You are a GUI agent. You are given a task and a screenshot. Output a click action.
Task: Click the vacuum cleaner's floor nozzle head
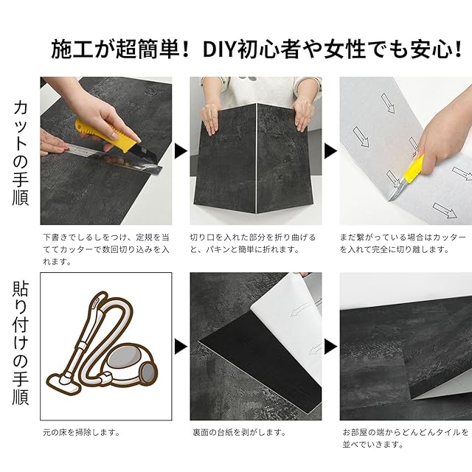point(64,383)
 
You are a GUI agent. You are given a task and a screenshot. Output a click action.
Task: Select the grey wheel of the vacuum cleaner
point(148,374)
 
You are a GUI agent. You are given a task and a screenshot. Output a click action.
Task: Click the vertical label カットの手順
point(21,153)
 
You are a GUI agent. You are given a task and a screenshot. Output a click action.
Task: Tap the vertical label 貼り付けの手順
point(21,343)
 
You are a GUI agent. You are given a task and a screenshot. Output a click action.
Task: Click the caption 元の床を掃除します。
point(82,433)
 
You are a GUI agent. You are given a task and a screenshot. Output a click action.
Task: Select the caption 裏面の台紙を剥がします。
point(239,433)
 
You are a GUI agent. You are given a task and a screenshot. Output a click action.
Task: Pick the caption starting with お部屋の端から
point(406,438)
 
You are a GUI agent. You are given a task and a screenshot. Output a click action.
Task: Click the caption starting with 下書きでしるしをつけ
point(106,249)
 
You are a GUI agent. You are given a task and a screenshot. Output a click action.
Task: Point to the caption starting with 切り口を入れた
point(253,243)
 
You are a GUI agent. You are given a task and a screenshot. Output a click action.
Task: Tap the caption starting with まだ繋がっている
point(403,243)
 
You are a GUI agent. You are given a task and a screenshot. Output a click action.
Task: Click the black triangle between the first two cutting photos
point(181,150)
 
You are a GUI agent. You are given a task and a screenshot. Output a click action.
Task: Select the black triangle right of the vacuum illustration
point(181,347)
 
